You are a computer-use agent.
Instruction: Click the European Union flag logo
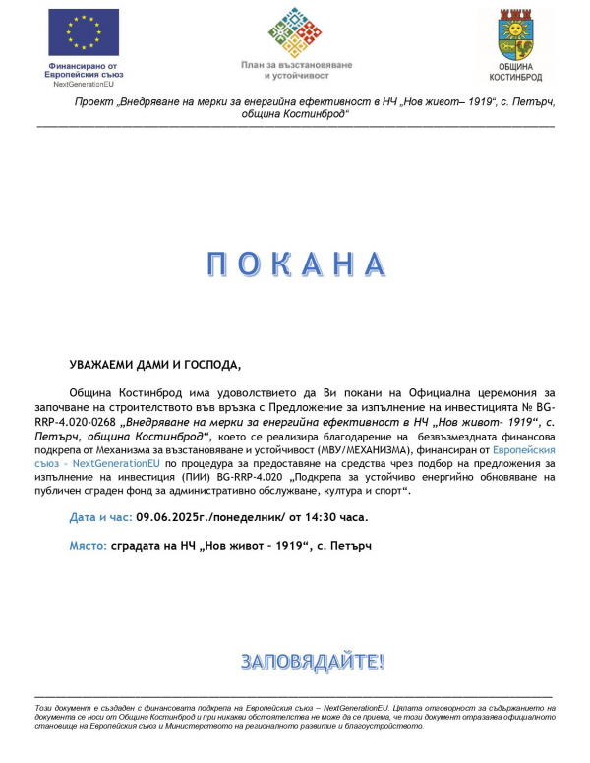(84, 32)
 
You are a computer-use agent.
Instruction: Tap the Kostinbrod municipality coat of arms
(515, 34)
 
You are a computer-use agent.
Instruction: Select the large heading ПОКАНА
(294, 264)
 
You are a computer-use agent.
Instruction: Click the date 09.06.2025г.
(175, 516)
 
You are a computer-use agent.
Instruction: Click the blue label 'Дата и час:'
(101, 516)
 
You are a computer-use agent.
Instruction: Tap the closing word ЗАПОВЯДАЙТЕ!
(313, 661)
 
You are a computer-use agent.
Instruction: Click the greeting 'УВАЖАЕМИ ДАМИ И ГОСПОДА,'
(154, 364)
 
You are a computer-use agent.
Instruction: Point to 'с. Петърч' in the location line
(346, 545)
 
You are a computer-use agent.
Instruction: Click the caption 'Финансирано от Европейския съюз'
(84, 70)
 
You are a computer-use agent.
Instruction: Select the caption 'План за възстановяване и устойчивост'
(295, 68)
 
